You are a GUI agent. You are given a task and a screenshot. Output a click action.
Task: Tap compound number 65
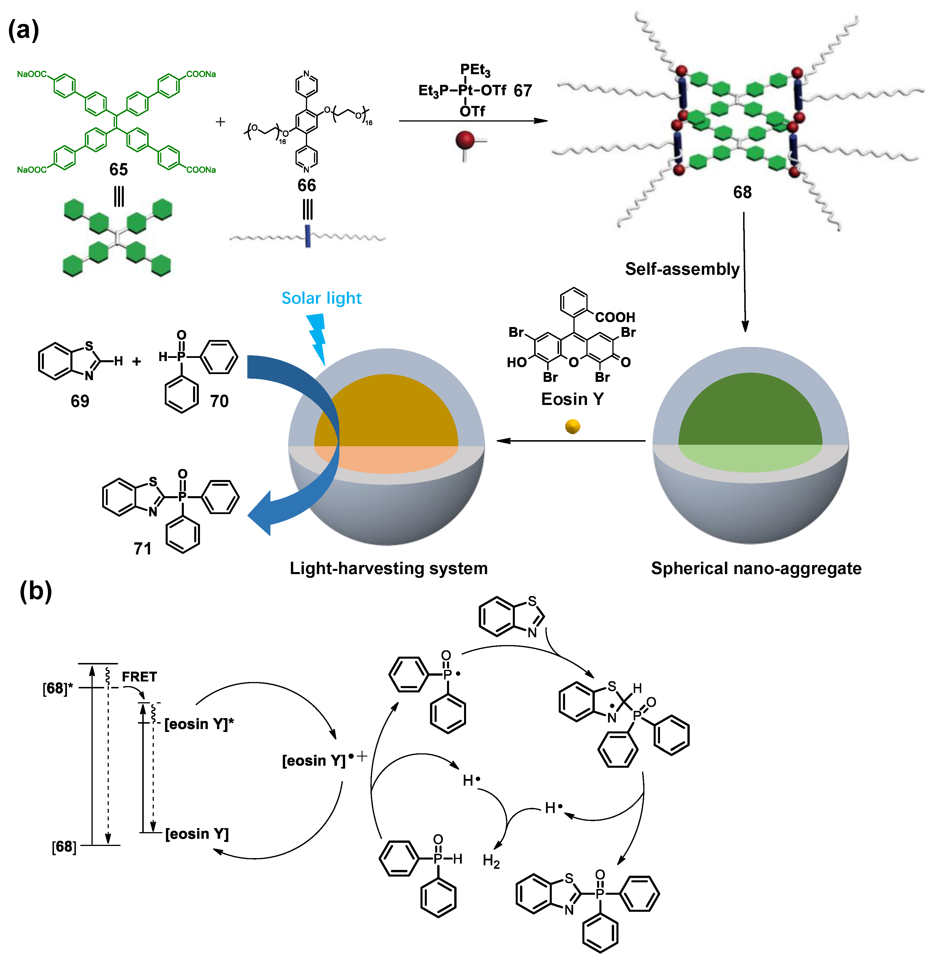(118, 169)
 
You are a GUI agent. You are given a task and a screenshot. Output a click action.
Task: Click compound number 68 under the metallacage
(742, 192)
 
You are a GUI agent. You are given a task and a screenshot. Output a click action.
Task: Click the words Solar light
(321, 298)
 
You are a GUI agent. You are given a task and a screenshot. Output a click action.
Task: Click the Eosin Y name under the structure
(572, 399)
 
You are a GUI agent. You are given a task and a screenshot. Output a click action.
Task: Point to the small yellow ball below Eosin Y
(572, 426)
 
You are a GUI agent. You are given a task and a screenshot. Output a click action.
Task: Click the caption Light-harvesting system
(389, 568)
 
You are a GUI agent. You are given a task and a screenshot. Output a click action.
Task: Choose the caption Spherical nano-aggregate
(756, 568)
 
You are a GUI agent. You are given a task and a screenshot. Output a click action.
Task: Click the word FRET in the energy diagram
(139, 677)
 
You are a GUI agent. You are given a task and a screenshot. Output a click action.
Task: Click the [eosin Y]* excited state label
(199, 724)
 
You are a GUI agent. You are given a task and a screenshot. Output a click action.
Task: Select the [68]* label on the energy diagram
(57, 688)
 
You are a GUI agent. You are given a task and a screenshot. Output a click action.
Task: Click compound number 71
(142, 548)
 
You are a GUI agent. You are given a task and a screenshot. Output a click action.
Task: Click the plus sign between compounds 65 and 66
(220, 122)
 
